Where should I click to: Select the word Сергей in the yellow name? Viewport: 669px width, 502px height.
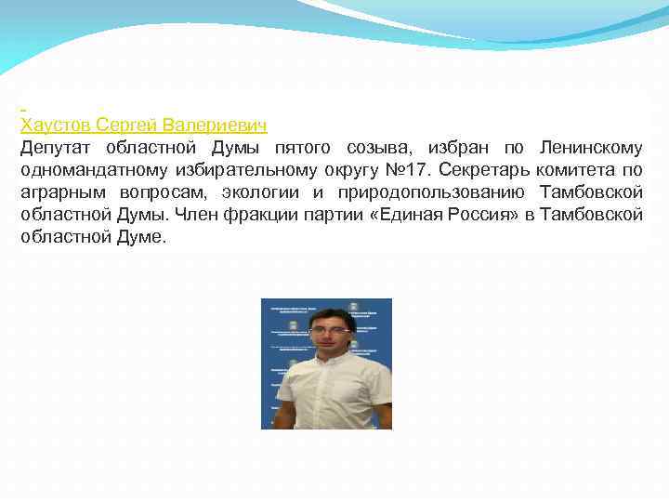pos(127,125)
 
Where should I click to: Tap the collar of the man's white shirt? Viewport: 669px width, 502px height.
pos(331,358)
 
